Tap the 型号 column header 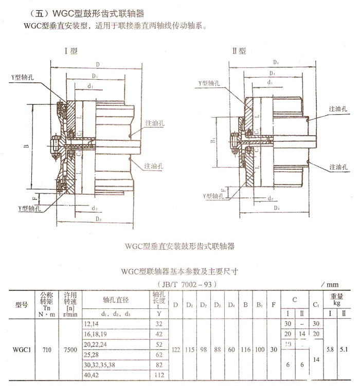pos(22,305)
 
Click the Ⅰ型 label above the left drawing pos(70,51)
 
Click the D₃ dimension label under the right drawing pos(277,208)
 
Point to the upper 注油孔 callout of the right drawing pos(339,111)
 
